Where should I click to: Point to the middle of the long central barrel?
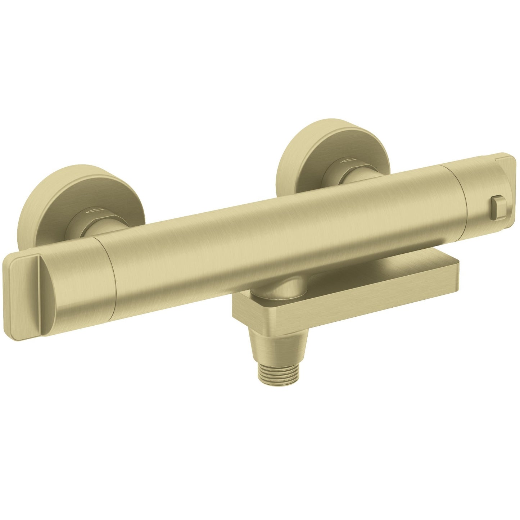pyautogui.click(x=277, y=238)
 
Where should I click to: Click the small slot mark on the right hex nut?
pyautogui.click(x=348, y=159)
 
